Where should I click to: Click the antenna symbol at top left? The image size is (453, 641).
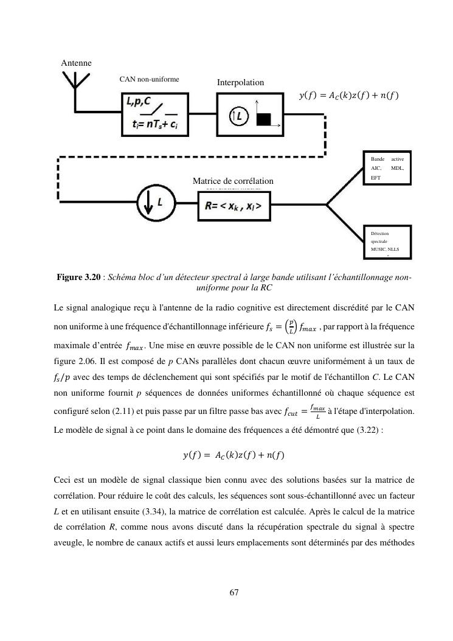pos(74,84)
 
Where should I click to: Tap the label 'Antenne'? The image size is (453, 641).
pos(77,63)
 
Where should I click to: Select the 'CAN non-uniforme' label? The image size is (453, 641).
pos(149,79)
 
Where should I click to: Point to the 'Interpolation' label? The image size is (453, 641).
pos(240,82)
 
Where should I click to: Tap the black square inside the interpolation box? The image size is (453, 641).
pos(263,119)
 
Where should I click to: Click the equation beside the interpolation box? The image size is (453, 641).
pos(349,95)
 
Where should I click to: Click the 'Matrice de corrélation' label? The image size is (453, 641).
pos(233,181)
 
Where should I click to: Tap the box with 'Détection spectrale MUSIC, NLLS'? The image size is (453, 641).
pos(387,241)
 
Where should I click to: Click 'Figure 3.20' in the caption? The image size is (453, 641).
pos(78,278)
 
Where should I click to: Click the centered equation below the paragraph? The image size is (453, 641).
pos(233,455)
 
